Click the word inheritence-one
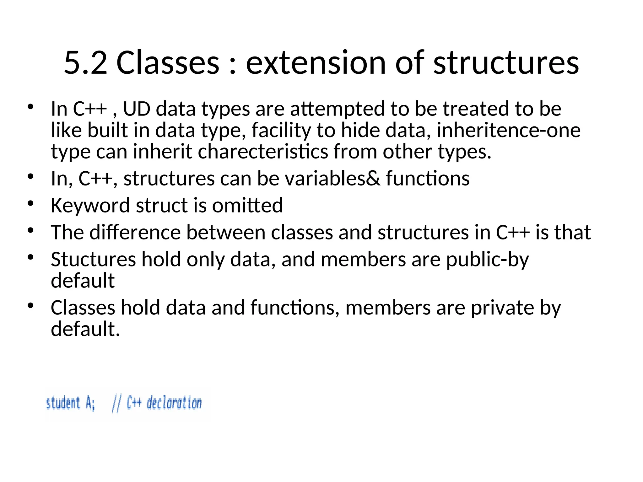tap(508, 130)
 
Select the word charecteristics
tap(263, 152)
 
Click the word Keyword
tap(90, 206)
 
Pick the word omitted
tap(247, 206)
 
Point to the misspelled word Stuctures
tap(93, 260)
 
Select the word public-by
tap(487, 260)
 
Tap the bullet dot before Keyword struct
tap(30, 204)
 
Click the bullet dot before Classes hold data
tap(30, 306)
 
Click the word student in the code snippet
tap(63, 403)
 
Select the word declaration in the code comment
tap(174, 403)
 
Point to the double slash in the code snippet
tap(116, 404)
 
